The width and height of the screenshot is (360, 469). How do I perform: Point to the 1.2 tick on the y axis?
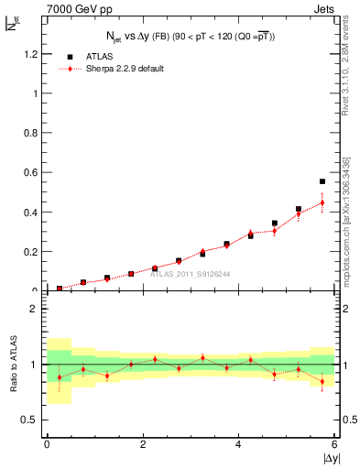pyautogui.click(x=31, y=54)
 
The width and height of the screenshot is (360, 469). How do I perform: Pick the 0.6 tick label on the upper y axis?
pyautogui.click(x=31, y=172)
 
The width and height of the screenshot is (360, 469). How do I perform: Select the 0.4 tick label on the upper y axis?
pyautogui.click(x=31, y=213)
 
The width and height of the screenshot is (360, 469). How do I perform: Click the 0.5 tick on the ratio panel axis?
pyautogui.click(x=31, y=420)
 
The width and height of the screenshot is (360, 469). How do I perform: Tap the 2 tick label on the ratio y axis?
pyautogui.click(x=36, y=309)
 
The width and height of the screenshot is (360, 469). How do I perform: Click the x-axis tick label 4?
pyautogui.click(x=238, y=445)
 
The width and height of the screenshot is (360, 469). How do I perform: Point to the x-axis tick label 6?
pyautogui.click(x=334, y=445)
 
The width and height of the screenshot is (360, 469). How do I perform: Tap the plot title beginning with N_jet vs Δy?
pyautogui.click(x=191, y=36)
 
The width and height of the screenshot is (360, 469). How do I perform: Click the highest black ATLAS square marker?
pyautogui.click(x=322, y=181)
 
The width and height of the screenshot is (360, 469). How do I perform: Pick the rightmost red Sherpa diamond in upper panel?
pyautogui.click(x=322, y=202)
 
